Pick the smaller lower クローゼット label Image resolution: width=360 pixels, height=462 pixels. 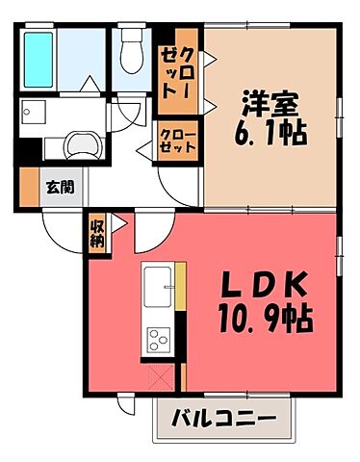179,142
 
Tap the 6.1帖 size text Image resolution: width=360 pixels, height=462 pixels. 270,133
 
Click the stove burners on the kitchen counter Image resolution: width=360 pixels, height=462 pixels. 158,339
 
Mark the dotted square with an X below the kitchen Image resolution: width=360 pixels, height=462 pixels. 160,374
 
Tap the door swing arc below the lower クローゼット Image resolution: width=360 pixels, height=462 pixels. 179,178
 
